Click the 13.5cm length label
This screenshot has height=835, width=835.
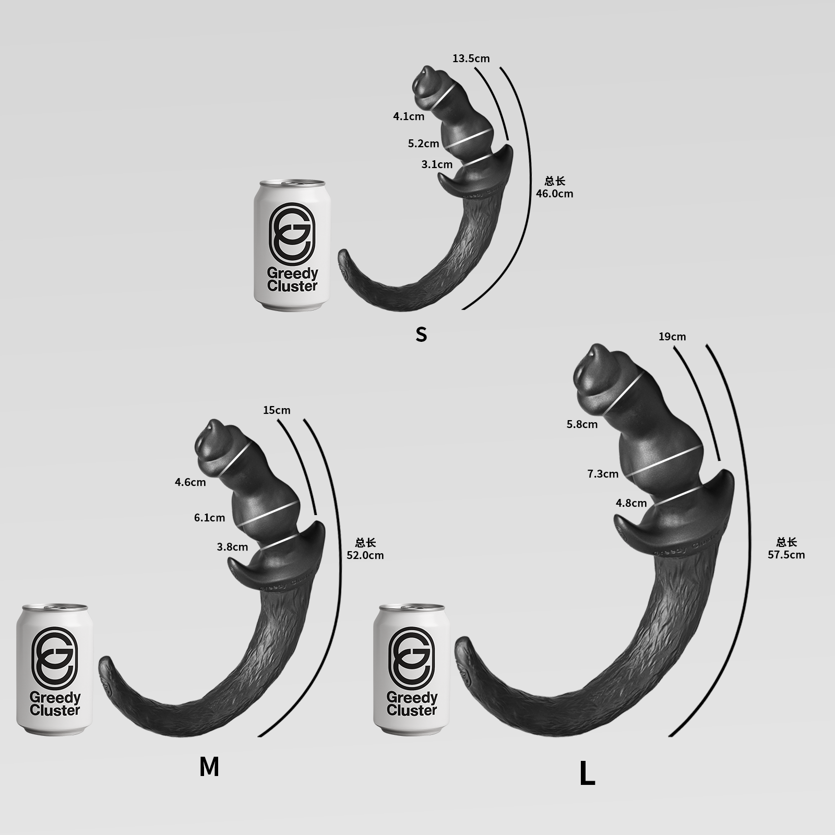click(x=471, y=58)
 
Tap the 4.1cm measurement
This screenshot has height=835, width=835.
click(x=409, y=116)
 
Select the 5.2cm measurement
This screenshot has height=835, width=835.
click(x=423, y=143)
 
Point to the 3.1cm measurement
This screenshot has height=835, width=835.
click(x=437, y=164)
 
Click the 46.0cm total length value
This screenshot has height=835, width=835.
click(x=554, y=194)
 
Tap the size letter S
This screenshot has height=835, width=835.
click(x=421, y=334)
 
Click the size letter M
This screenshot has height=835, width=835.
click(x=209, y=767)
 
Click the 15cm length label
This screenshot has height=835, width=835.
click(x=277, y=410)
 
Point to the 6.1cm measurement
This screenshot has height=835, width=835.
click(x=209, y=518)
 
